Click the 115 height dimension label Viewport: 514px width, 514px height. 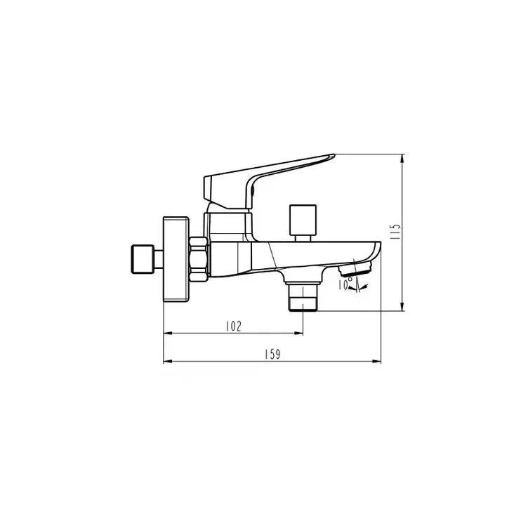coord(395,232)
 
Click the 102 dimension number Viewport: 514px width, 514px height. coord(233,326)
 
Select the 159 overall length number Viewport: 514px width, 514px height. coord(272,355)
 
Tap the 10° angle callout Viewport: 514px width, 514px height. coord(345,283)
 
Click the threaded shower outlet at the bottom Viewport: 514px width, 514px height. coord(303,297)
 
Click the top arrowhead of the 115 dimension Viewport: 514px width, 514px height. coord(402,157)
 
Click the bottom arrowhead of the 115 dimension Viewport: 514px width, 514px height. coord(402,306)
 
